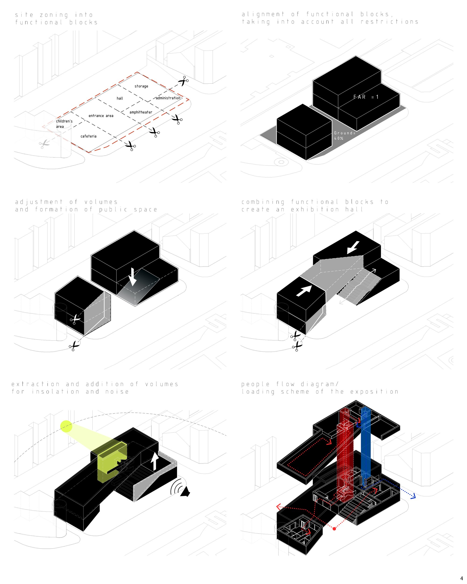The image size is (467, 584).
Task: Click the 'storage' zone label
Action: [141, 86]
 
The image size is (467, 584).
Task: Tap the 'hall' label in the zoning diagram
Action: [120, 98]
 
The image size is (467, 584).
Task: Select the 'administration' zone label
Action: [168, 98]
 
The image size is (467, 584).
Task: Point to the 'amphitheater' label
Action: [141, 112]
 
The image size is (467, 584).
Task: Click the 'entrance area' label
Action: [101, 116]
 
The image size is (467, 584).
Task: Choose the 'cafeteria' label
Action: [88, 136]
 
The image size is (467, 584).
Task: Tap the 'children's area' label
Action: [64, 124]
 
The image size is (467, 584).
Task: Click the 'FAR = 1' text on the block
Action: [366, 97]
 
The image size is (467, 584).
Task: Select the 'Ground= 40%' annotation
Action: [344, 135]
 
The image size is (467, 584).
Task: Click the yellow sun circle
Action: [66, 426]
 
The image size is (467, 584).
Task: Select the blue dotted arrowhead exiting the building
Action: [413, 496]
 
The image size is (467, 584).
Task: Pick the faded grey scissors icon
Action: [44, 144]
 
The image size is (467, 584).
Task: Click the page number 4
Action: [462, 578]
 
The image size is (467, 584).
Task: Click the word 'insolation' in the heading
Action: [56, 392]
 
